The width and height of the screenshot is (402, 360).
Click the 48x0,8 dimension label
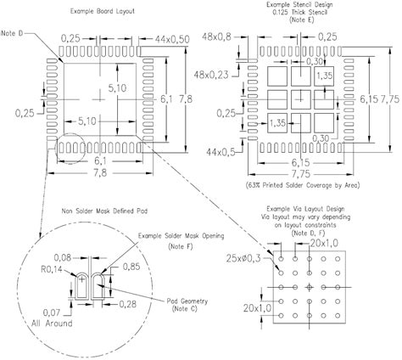coord(218,37)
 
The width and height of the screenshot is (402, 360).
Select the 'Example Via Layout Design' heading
coord(315,208)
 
